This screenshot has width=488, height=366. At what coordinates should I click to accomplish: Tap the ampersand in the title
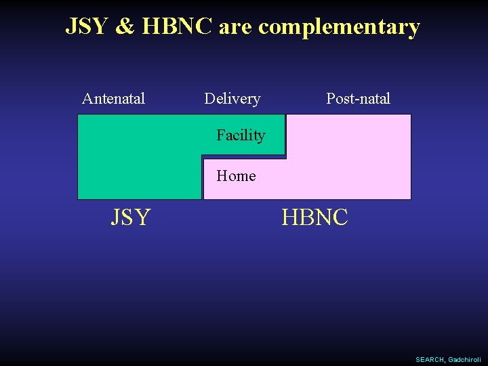(x=124, y=26)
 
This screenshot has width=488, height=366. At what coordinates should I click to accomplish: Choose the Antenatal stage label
(x=113, y=99)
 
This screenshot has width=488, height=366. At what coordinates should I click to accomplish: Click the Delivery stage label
(x=232, y=99)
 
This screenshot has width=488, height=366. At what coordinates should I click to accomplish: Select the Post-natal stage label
(x=358, y=99)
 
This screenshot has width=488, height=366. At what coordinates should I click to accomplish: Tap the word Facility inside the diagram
(x=241, y=136)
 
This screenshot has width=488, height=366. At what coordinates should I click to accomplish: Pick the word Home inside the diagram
(x=236, y=176)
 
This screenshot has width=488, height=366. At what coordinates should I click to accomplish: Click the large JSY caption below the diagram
(x=131, y=218)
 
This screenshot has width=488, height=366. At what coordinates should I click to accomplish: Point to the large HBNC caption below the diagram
(x=314, y=218)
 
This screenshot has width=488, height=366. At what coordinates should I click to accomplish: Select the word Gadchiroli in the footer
(x=464, y=359)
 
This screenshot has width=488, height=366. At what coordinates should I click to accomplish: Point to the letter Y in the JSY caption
(x=142, y=218)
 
